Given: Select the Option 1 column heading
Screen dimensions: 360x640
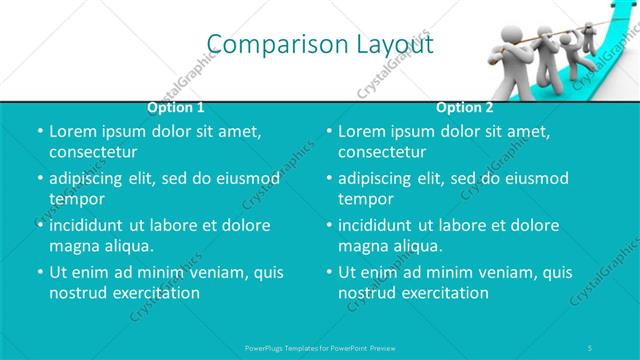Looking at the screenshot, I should (x=176, y=107).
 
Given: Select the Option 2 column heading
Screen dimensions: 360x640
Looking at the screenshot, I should (x=465, y=107).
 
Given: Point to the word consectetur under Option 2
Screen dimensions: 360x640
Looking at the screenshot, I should (x=383, y=152).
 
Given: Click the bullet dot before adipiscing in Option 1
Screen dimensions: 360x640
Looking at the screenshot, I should (x=39, y=179).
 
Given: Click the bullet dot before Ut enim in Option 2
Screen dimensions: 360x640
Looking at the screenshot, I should (x=329, y=273).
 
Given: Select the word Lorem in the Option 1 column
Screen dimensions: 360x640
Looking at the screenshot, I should (x=72, y=131).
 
